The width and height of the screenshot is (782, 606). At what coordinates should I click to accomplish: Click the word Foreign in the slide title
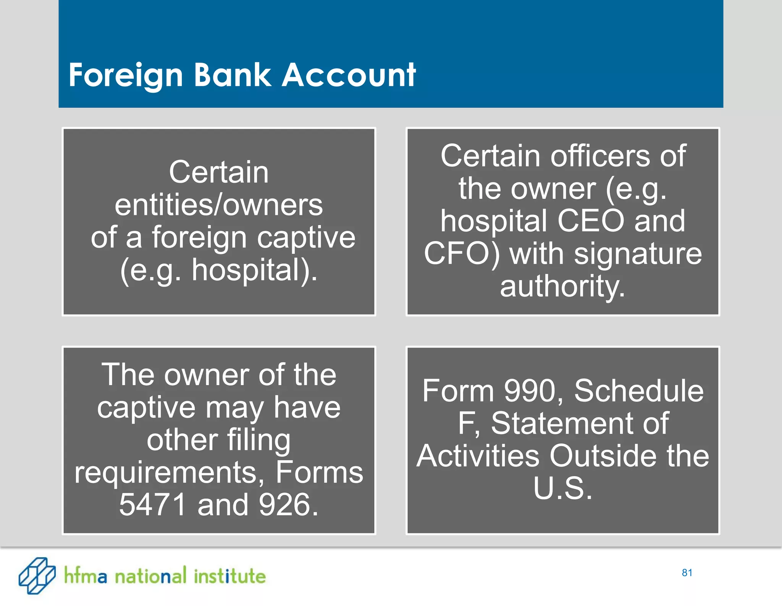[126, 76]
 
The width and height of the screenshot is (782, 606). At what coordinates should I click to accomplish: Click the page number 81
[687, 573]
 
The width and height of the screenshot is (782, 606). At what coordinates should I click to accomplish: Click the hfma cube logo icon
[37, 575]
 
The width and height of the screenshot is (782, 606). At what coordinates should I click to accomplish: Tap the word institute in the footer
[229, 576]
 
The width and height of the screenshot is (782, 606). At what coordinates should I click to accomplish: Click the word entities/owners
[219, 205]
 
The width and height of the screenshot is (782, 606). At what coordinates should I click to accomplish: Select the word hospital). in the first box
[254, 270]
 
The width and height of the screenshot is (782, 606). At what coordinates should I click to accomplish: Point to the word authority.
[562, 286]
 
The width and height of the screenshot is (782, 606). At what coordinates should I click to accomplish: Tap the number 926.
[288, 505]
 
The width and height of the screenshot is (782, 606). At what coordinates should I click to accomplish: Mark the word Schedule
[639, 391]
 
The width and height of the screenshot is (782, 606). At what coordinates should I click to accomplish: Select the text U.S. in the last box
[562, 488]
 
